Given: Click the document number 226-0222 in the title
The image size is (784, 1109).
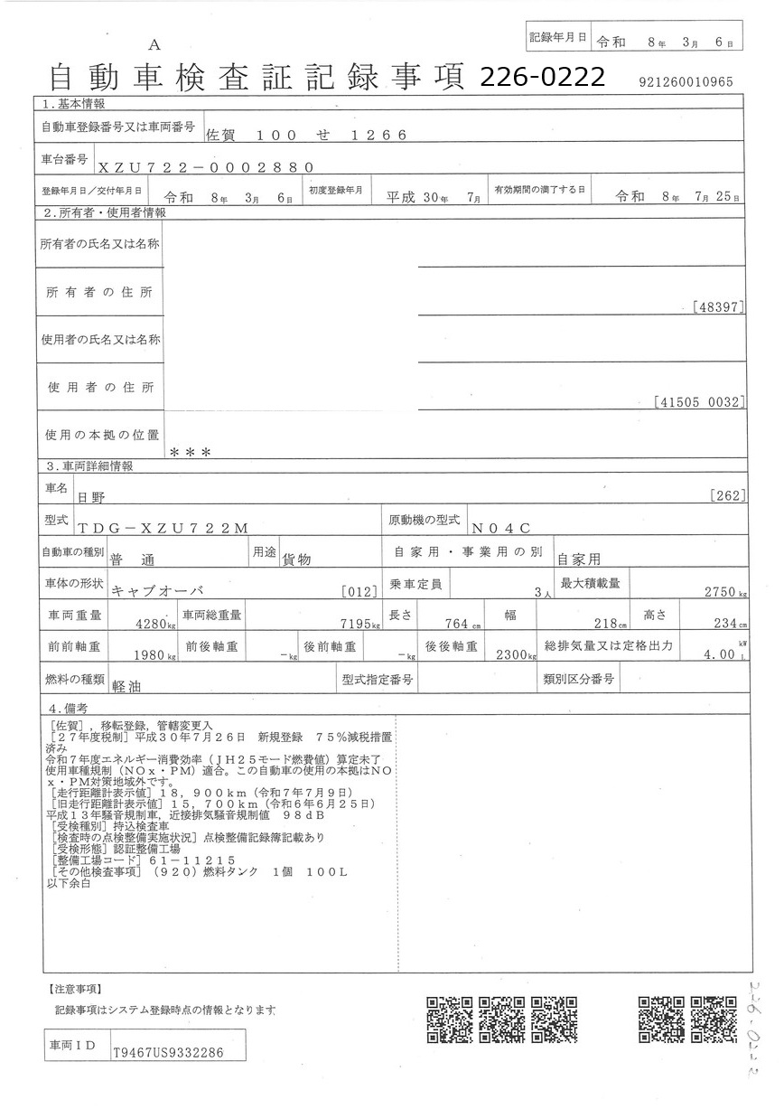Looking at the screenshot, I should [x=542, y=78].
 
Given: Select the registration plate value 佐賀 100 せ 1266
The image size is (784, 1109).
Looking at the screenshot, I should [x=307, y=135].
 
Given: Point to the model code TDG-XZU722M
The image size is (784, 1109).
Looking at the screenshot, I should [x=162, y=527].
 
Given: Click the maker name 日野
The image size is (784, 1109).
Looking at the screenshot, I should [x=90, y=495].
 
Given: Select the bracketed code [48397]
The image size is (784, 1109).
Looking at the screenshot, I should [x=719, y=307].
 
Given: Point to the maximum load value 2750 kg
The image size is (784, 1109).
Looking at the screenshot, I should [x=723, y=592].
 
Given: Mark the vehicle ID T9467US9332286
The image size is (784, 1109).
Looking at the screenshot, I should [x=168, y=1053].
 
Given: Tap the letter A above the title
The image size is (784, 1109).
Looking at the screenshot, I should [x=154, y=44].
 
